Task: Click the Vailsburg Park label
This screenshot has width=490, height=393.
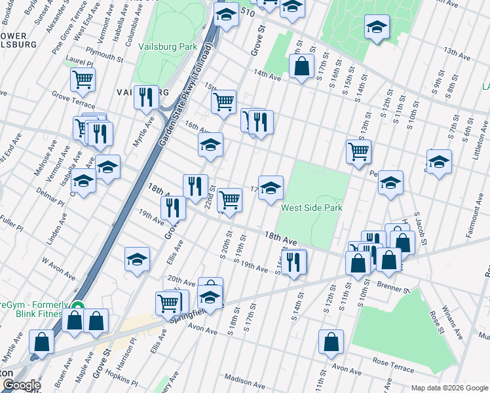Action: pos(168,47)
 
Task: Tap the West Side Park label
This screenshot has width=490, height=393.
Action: pos(312,208)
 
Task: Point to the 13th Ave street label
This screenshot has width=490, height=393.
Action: pos(453,51)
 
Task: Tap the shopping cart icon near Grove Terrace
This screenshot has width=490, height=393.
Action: pos(83,80)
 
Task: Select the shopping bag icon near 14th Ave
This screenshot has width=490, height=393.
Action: pos(301,66)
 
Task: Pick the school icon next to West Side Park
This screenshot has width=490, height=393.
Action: pos(271,188)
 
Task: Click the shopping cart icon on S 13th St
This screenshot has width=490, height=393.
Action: pos(358,151)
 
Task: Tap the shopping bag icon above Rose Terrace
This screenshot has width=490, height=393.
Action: pos(331,341)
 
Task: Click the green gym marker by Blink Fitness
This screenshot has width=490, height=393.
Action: pos(77,306)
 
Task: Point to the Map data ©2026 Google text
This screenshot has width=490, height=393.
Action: pos(449,388)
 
